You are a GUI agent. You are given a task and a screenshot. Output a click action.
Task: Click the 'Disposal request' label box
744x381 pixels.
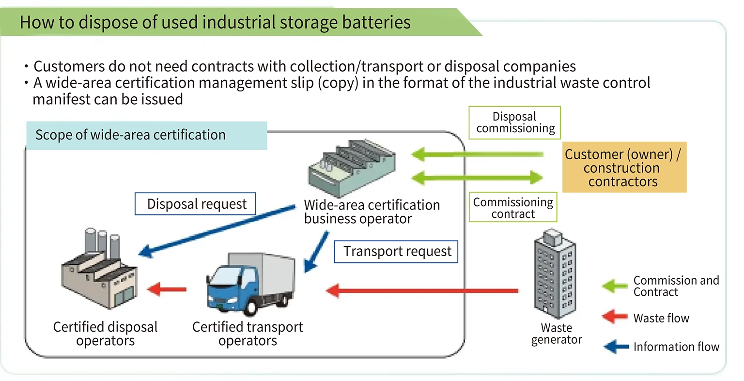tap(195, 204)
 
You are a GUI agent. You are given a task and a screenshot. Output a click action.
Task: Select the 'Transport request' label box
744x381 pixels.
tap(396, 252)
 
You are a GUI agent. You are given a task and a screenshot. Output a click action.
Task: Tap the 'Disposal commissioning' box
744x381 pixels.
tap(514, 123)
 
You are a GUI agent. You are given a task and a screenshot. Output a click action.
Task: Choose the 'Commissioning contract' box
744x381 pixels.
tap(512, 208)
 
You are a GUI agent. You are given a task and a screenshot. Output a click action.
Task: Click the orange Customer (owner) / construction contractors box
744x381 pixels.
tap(624, 168)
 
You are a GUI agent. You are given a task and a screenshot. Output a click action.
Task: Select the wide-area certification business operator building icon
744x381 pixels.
tap(351, 167)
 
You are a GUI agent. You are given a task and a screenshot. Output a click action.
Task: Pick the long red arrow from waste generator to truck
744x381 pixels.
tap(421, 291)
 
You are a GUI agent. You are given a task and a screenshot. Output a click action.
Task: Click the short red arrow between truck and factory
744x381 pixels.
tap(167, 290)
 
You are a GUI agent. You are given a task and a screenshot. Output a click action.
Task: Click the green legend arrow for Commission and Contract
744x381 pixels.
tap(615, 286)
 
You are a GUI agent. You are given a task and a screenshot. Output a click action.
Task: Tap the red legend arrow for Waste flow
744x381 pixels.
tap(615, 317)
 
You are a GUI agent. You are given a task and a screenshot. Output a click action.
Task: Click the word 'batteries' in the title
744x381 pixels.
tap(374, 22)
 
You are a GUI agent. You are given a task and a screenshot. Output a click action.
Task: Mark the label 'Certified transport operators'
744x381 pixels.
tap(248, 334)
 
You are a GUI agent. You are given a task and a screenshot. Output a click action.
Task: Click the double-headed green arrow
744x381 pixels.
tap(477, 177)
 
